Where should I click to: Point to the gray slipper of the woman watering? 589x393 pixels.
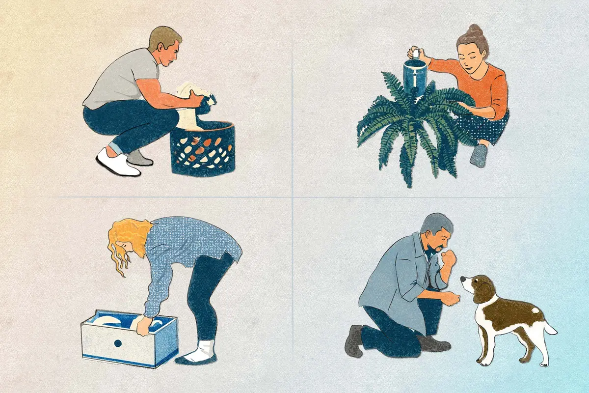pos(479,156)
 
